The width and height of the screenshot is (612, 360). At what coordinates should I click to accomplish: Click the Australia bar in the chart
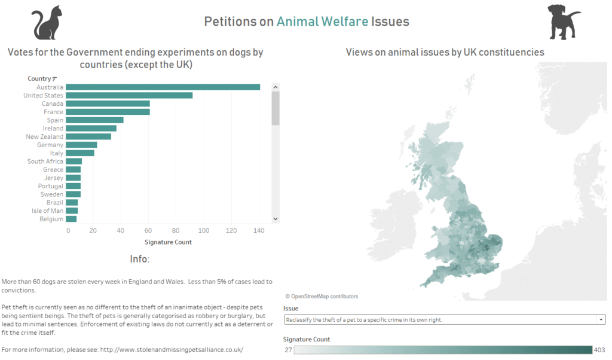coord(163,87)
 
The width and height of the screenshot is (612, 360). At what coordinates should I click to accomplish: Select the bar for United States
coord(129,96)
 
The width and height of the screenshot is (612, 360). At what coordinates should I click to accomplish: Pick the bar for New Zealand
coord(88,136)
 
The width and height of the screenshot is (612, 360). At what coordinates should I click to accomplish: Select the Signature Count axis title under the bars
coord(168,242)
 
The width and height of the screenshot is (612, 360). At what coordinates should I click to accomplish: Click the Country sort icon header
coord(54,78)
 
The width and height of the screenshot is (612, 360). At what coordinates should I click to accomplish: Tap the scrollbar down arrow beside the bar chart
coord(276,219)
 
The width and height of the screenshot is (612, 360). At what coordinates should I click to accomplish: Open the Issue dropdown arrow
coord(600,320)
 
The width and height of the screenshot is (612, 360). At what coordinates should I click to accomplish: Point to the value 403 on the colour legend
coord(599,350)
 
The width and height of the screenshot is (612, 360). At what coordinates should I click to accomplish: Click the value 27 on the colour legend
coord(287,350)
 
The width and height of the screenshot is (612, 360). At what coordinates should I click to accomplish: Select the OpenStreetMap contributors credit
coord(322,296)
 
